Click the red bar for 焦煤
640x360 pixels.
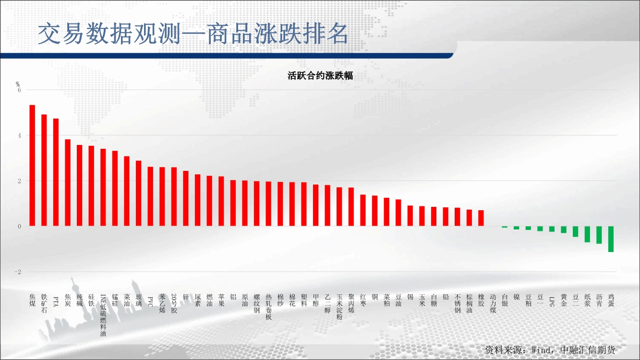[32, 166]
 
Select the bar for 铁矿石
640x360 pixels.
[44, 170]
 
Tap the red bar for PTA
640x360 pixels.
[56, 172]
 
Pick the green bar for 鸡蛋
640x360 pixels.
[611, 239]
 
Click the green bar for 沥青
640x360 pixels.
[599, 235]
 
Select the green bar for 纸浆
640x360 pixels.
[588, 234]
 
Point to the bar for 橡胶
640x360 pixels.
[481, 218]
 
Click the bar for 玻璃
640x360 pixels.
[139, 193]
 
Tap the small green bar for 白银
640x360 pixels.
[505, 227]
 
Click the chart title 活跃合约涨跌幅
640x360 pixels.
[320, 76]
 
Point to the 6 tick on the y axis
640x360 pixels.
[19, 90]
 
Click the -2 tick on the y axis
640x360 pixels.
[18, 272]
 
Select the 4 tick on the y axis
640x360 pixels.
[19, 135]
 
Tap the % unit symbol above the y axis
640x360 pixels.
[18, 84]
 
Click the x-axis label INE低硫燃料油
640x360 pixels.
[103, 315]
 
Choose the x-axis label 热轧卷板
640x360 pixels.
[268, 307]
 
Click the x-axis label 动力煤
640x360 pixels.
[493, 303]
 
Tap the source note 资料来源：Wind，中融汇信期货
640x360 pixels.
[550, 350]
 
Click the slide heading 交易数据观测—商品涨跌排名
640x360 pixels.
[193, 34]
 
